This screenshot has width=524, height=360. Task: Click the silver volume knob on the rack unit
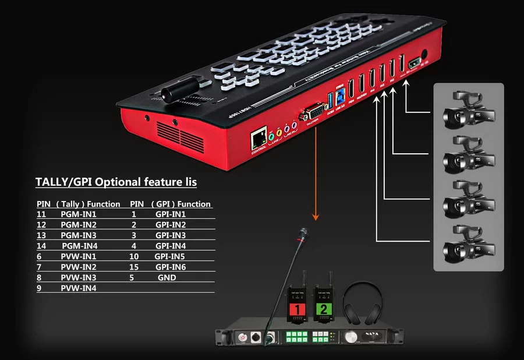pyautogui.click(x=350, y=337)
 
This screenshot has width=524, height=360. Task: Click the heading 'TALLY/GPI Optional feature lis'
pyautogui.click(x=116, y=182)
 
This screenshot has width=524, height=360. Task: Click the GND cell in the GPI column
pyautogui.click(x=167, y=278)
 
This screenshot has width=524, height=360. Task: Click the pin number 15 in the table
pyautogui.click(x=133, y=267)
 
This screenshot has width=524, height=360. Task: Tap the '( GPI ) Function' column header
pyautogui.click(x=180, y=204)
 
